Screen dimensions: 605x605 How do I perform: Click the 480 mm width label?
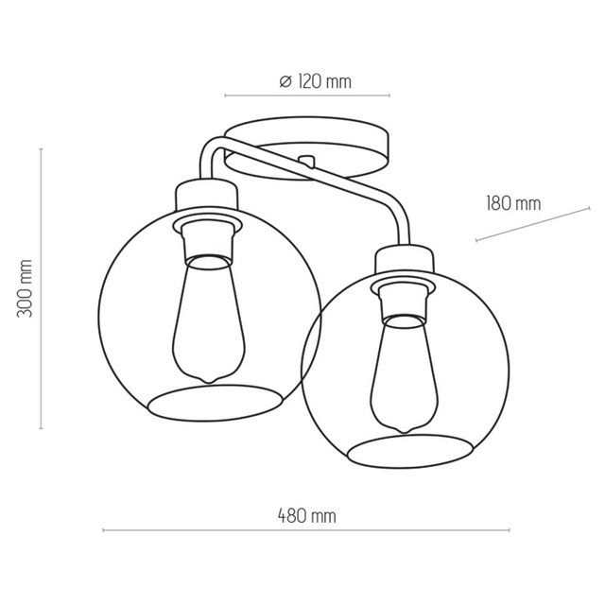[x=307, y=517]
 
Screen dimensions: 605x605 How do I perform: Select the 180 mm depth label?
[x=513, y=202]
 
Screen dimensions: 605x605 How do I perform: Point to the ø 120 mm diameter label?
[x=316, y=81]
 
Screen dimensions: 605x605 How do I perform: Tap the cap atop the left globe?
[x=207, y=195]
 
